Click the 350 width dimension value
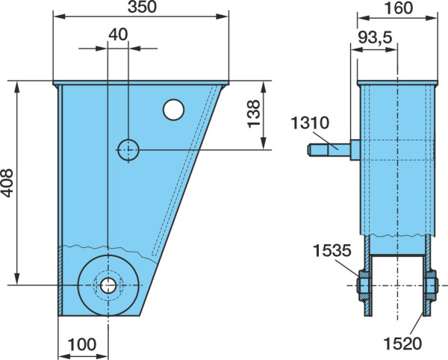click(x=142, y=7)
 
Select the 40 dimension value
click(x=118, y=34)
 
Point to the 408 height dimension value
click(x=7, y=183)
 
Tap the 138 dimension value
click(x=253, y=114)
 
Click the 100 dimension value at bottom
click(x=82, y=344)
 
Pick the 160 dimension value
click(x=399, y=8)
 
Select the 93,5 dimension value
click(x=375, y=37)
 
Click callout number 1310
click(x=311, y=122)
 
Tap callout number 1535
click(x=332, y=250)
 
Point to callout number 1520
click(x=402, y=343)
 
